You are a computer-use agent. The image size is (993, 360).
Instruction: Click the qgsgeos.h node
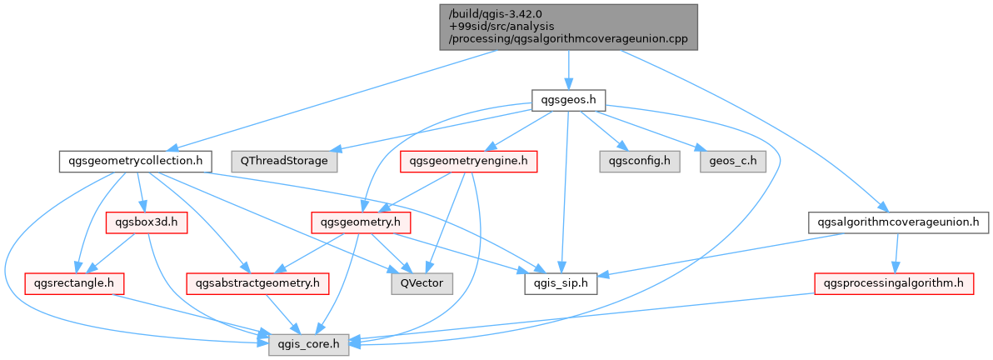pyautogui.click(x=568, y=100)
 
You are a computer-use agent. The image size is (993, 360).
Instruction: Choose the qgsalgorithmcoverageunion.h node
pyautogui.click(x=898, y=222)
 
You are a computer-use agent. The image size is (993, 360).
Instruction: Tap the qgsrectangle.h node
pyautogui.click(x=74, y=283)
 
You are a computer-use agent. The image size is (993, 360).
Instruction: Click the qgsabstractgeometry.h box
pyautogui.click(x=257, y=283)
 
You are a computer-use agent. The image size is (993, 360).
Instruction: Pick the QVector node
pyautogui.click(x=422, y=283)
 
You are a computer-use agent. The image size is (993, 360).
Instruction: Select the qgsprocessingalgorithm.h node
pyautogui.click(x=893, y=283)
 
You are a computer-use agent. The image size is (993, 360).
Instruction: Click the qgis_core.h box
pyautogui.click(x=308, y=342)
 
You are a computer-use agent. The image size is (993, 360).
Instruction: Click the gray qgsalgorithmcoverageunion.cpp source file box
pyautogui.click(x=568, y=26)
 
